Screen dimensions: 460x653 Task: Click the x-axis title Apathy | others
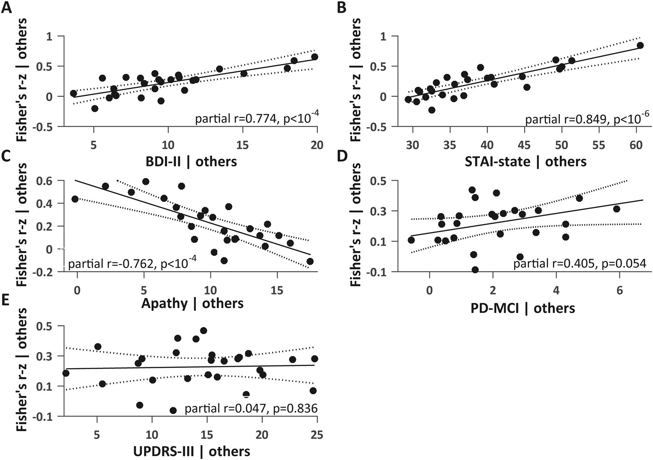[x=192, y=303]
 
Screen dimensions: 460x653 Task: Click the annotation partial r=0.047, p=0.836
[x=251, y=408]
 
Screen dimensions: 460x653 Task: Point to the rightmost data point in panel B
[x=640, y=45]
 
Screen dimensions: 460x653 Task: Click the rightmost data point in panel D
[x=616, y=209]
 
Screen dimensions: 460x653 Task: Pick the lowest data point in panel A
[x=94, y=108]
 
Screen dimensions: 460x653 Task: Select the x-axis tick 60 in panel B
[x=636, y=144]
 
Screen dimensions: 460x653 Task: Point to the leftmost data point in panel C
[x=75, y=199]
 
